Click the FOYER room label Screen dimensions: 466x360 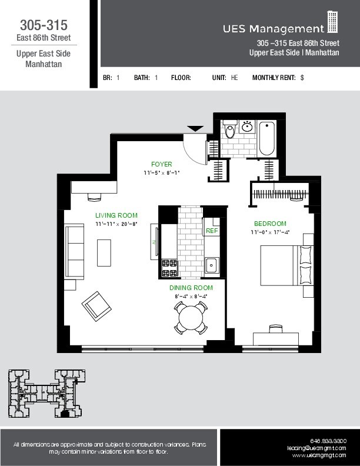click(x=161, y=164)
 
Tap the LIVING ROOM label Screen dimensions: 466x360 click(x=116, y=215)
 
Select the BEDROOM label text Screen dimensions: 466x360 click(x=270, y=224)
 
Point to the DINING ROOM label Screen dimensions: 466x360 click(x=191, y=288)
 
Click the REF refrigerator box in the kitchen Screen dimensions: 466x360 click(x=212, y=231)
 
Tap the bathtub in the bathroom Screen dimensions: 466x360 click(x=266, y=138)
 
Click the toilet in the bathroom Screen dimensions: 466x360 click(x=230, y=130)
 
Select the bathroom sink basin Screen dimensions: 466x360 click(x=248, y=127)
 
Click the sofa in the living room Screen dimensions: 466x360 click(x=74, y=244)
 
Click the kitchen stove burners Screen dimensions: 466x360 click(x=170, y=268)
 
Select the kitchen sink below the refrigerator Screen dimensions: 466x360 click(x=212, y=265)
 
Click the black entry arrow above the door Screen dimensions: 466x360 click(x=195, y=128)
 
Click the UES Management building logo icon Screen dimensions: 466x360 click(x=333, y=22)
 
